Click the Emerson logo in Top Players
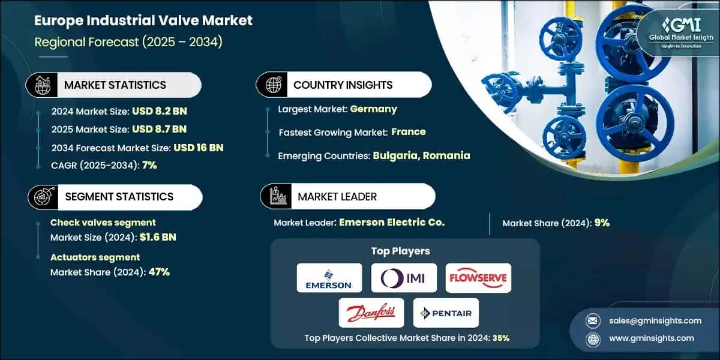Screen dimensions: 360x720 coord(329,278)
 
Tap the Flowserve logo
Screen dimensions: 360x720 coord(478,278)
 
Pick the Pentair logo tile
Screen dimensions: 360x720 coord(446,313)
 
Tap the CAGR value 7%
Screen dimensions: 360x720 coord(149,165)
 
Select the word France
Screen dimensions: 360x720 coord(409,131)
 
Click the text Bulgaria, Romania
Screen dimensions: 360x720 coord(421,155)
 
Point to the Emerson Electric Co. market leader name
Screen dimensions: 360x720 coord(392,222)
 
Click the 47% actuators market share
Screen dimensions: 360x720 coord(158,272)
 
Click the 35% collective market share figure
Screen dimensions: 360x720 coord(500,337)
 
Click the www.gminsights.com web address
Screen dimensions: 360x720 coord(651,338)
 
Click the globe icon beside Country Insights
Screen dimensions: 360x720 coord(274,85)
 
